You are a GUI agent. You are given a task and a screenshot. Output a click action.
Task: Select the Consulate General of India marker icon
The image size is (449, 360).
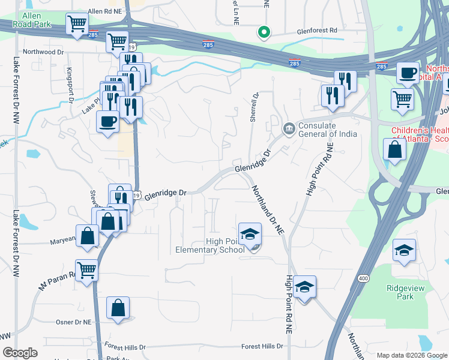coord(289,128)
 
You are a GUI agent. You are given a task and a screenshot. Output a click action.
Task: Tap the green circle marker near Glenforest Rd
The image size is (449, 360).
coord(263,32)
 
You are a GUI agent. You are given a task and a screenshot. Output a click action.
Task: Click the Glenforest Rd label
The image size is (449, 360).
coord(317,30)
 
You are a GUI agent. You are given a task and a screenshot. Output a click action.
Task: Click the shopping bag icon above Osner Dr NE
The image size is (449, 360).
coord(118,308)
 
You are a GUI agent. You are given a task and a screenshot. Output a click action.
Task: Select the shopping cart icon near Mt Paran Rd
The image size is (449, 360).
coord(87,271)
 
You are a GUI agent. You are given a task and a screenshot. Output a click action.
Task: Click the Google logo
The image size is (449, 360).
coord(20,353)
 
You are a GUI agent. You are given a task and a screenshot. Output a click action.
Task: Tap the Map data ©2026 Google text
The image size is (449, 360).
coord(411,355)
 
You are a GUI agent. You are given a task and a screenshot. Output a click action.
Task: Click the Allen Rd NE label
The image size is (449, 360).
coord(104,11)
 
